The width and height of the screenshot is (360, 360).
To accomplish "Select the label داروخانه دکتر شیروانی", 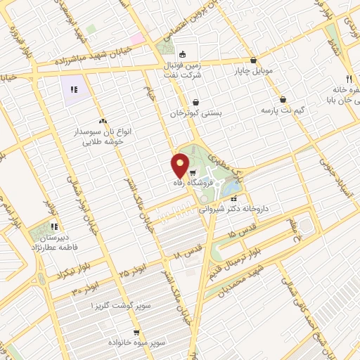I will pos(233,209).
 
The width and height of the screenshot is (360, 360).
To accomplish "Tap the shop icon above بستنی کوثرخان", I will pos(195,102).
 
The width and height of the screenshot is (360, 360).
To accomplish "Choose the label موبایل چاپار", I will pos(255,71).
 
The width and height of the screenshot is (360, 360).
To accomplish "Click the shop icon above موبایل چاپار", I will pos(253,60).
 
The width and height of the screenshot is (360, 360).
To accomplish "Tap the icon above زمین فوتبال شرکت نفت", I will pos(183,54).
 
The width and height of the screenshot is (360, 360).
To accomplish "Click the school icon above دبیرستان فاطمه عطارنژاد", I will pos(54,226).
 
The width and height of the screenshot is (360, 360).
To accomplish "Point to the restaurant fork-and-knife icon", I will pos(347,79).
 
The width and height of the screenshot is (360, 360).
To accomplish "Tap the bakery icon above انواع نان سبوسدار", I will pos(103,121).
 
